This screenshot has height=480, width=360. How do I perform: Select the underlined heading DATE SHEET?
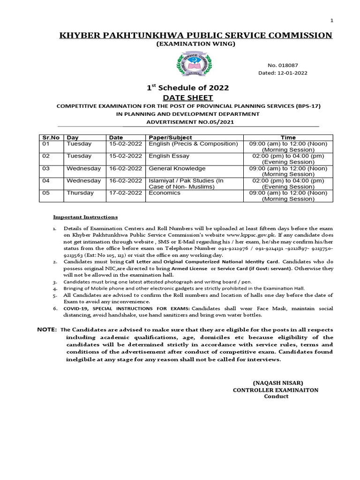click(x=188, y=97)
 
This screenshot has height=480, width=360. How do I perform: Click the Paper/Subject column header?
click(x=170, y=137)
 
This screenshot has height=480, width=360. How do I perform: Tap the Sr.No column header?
click(x=51, y=137)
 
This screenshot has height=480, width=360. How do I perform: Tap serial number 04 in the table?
click(x=46, y=180)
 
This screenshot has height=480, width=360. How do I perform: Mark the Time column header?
click(x=288, y=137)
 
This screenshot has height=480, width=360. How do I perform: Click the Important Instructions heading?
click(x=85, y=217)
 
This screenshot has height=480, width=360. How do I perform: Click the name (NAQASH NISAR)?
click(x=275, y=382)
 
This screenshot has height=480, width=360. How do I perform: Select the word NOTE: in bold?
click(x=47, y=330)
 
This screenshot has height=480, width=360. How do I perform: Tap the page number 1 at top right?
click(x=332, y=21)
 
